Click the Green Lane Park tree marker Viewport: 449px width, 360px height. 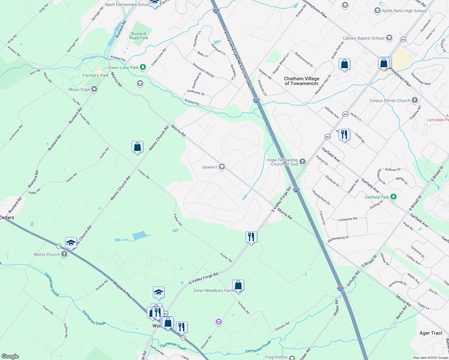tap(143, 67)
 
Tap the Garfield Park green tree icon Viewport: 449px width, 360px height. tap(393, 197)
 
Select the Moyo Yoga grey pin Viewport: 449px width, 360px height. tap(94, 89)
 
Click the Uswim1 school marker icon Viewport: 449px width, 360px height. tap(222, 167)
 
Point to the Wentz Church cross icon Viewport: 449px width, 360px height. tap(64, 254)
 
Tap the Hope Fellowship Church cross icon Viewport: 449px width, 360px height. tap(302, 162)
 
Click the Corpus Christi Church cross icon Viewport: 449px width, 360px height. tap(414, 100)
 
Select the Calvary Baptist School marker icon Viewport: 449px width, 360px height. tap(389, 38)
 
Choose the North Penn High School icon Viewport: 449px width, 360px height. tap(377, 11)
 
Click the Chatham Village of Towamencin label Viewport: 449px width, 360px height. tap(301, 81)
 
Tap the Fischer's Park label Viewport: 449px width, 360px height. tap(95, 75)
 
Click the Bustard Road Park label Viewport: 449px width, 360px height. tap(138, 36)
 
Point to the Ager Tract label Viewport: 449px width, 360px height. tap(431, 333)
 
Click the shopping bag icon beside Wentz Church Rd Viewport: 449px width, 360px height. tap(137, 147)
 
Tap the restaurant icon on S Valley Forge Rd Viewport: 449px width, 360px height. tap(251, 237)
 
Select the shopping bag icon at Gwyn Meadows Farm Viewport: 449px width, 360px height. tap(238, 285)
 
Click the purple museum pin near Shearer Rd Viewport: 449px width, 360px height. tap(219, 322)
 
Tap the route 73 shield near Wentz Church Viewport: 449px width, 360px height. tap(59, 246)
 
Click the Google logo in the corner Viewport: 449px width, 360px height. tap(10, 356)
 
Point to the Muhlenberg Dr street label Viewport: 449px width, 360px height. tap(338, 239)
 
